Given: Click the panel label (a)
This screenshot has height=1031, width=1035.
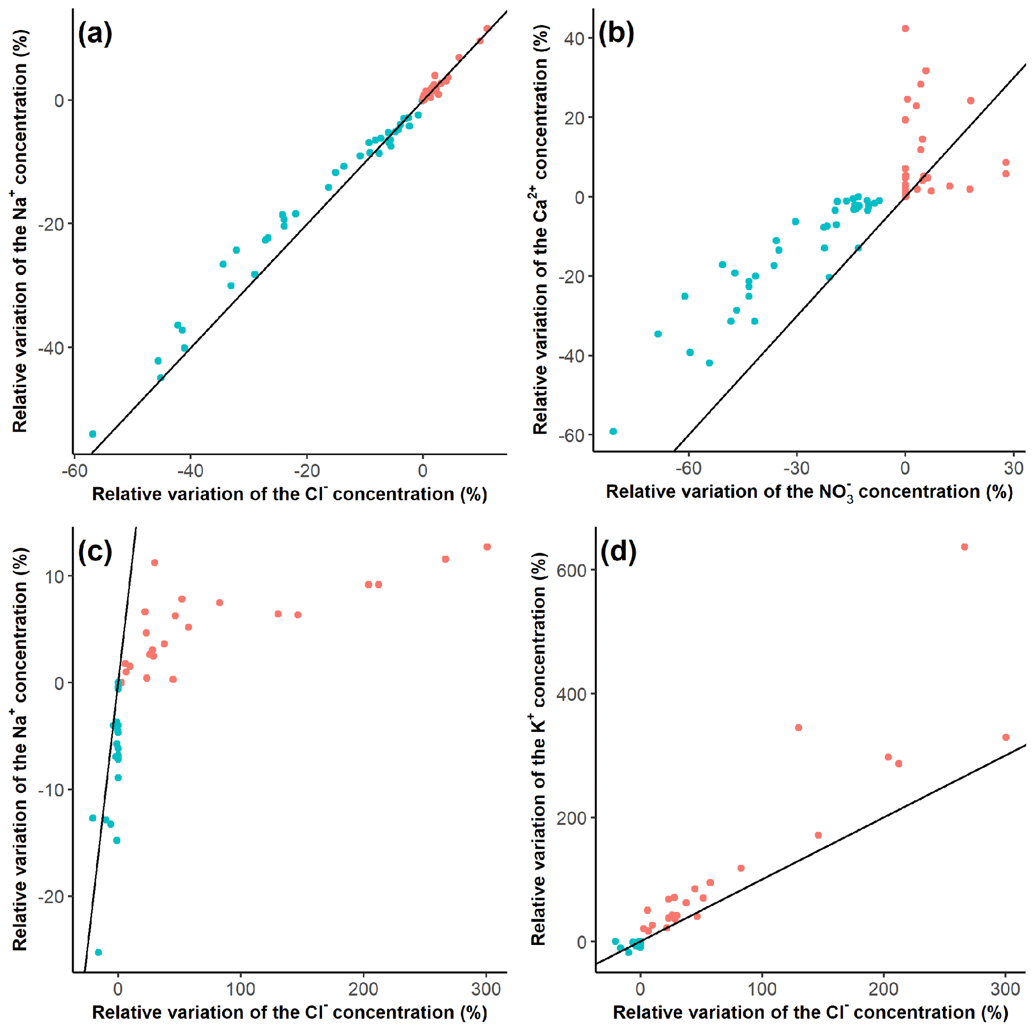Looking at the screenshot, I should [x=95, y=34].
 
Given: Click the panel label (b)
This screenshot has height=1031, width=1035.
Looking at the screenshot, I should [x=616, y=34].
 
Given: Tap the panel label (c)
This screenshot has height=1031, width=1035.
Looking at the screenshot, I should [x=95, y=551].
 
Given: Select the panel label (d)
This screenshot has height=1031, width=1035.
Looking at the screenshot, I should [x=618, y=551].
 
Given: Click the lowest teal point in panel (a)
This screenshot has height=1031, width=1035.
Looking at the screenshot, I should [x=93, y=434].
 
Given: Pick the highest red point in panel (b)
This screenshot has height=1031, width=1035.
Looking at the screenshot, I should [x=905, y=29].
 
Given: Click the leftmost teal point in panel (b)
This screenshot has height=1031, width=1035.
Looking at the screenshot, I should [x=613, y=431].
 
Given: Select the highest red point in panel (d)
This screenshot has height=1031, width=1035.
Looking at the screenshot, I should [x=964, y=547].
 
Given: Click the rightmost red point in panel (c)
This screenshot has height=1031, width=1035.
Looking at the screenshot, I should [x=487, y=547].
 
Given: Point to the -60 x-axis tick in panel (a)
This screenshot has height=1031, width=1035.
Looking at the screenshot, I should [x=75, y=471].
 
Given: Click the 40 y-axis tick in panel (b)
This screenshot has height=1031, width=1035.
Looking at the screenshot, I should [x=574, y=39].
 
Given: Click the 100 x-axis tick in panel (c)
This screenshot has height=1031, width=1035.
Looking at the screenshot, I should [x=240, y=989].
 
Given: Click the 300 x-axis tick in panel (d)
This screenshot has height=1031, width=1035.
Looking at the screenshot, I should [x=1005, y=989].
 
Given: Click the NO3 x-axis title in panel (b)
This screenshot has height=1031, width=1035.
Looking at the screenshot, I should [x=809, y=492].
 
